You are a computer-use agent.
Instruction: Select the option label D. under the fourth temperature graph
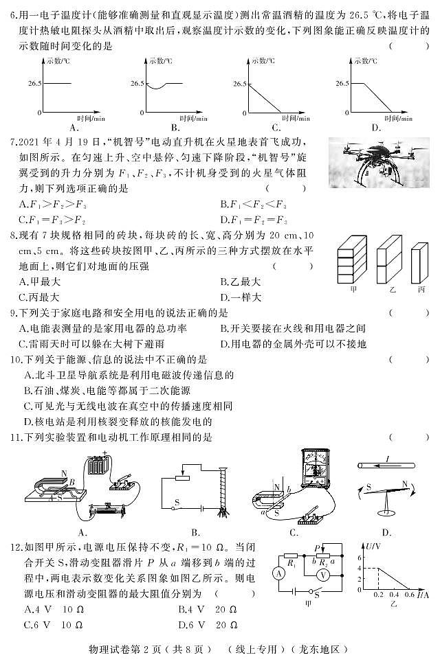376,127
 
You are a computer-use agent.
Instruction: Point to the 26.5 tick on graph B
135,83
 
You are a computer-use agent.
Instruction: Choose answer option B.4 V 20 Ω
208,609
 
